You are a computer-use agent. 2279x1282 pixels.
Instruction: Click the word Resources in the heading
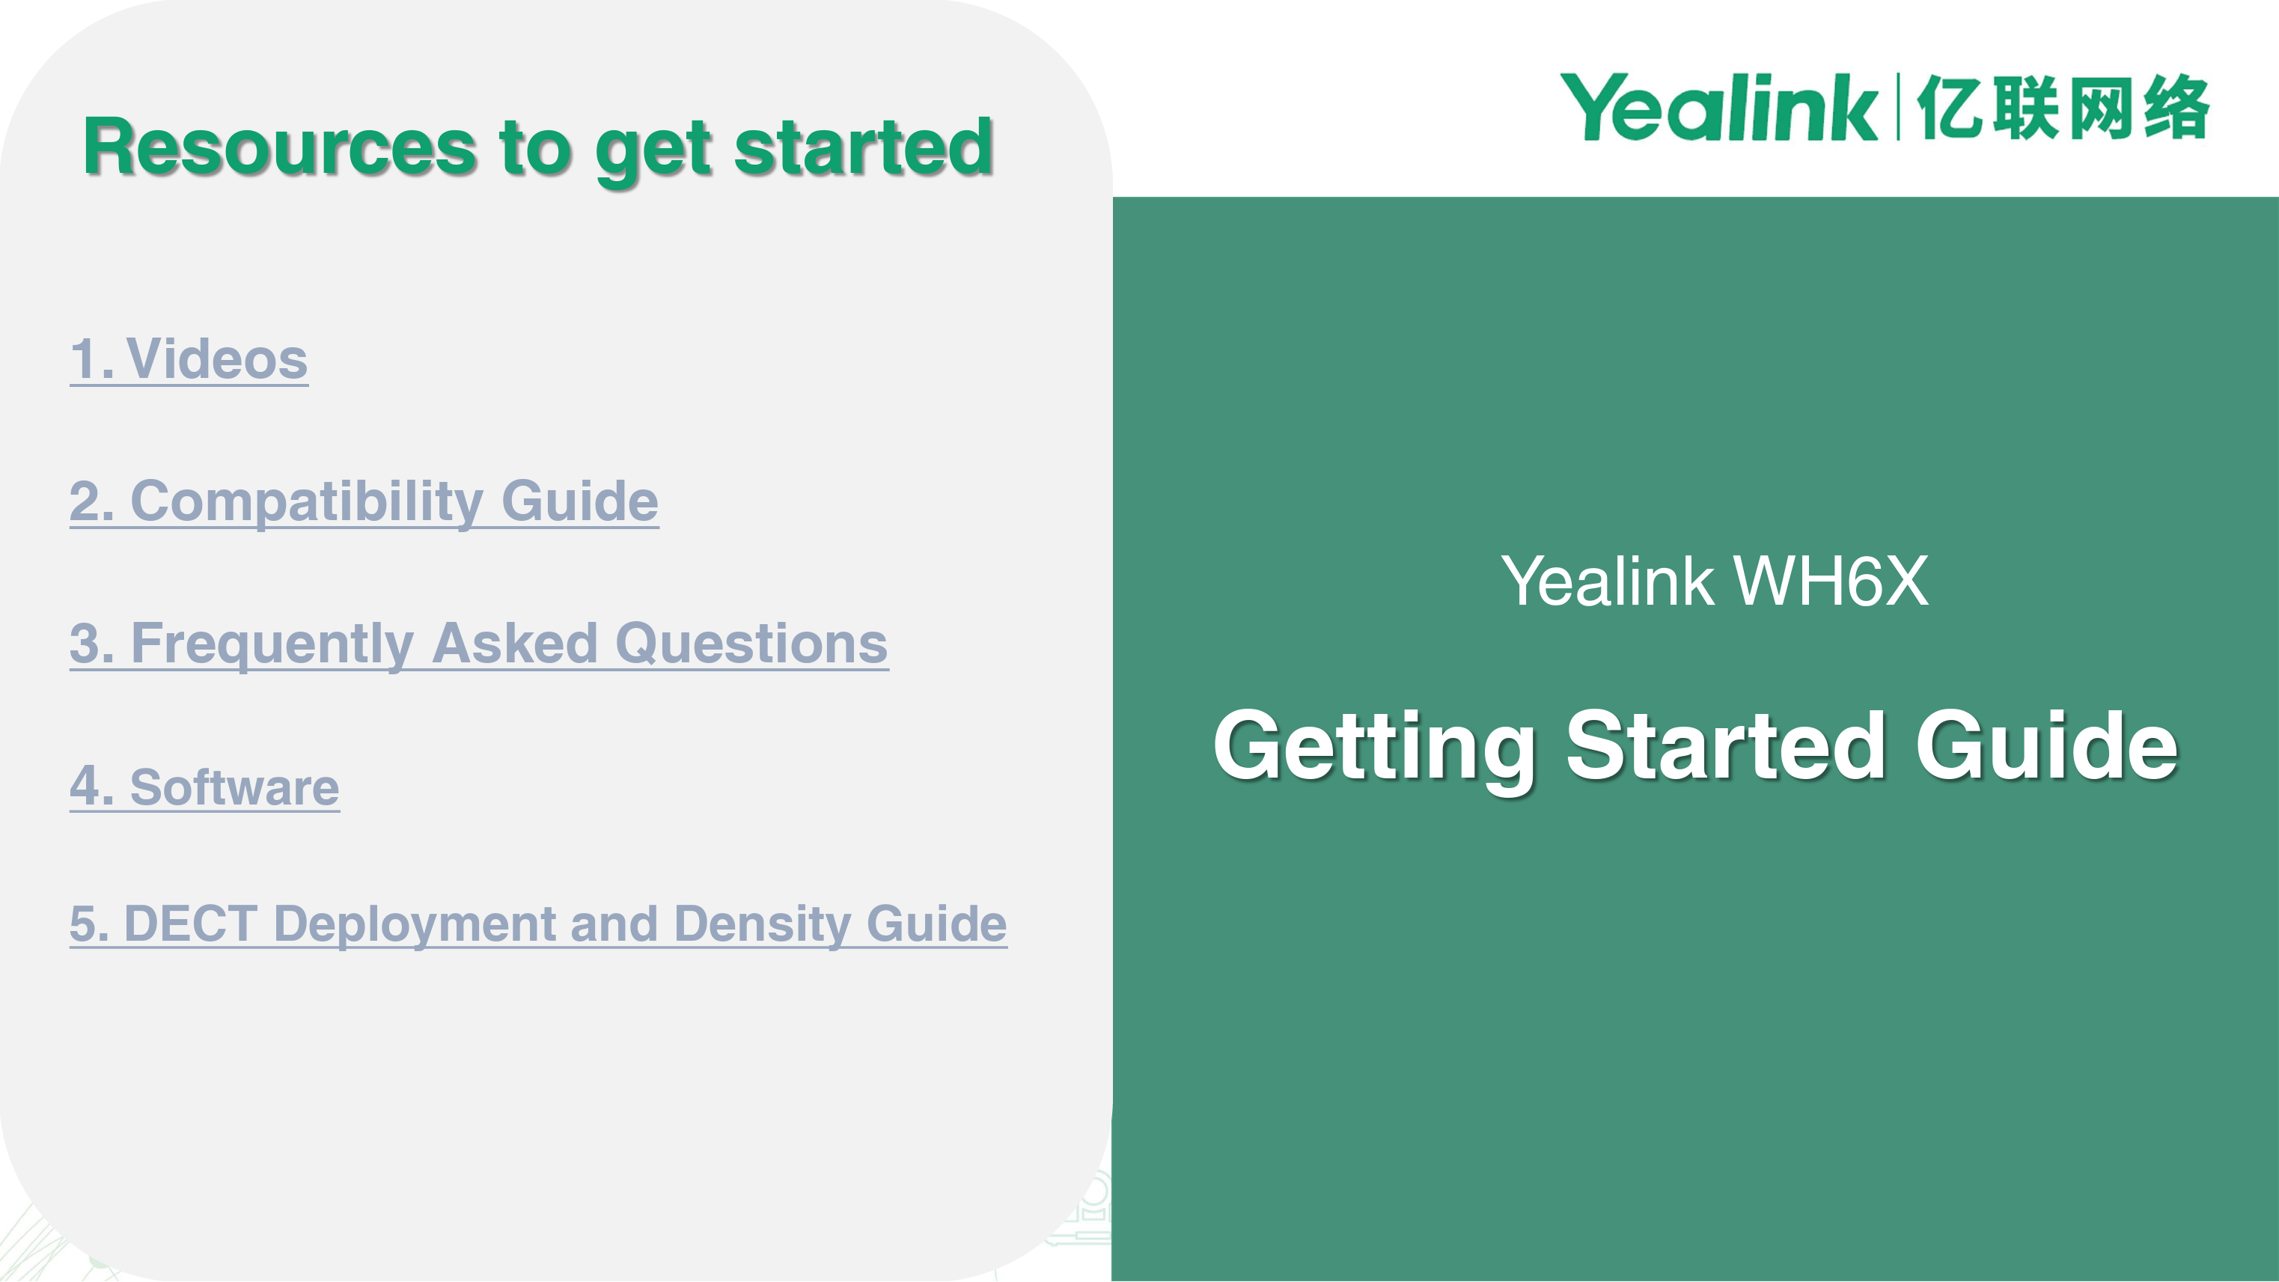[280, 147]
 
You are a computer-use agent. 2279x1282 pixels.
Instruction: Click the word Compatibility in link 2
[306, 501]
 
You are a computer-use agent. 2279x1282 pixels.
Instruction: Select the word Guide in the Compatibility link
[579, 501]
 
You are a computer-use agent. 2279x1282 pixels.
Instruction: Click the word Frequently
[272, 644]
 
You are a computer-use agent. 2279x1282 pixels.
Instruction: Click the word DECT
[190, 924]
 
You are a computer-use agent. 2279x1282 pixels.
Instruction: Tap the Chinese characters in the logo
[2063, 107]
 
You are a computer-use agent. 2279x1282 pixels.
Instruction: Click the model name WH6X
[1831, 582]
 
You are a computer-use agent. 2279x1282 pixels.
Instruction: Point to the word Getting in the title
[1374, 748]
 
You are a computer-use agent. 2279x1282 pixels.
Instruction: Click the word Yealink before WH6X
[1608, 582]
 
